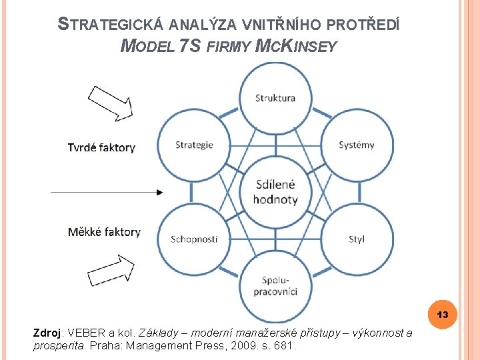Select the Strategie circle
pyautogui.click(x=194, y=145)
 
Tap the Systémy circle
pyautogui.click(x=357, y=145)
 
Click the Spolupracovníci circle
pyautogui.click(x=275, y=286)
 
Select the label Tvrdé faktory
pyautogui.click(x=101, y=147)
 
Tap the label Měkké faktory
pyautogui.click(x=104, y=232)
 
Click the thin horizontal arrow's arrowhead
pyautogui.click(x=159, y=192)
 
